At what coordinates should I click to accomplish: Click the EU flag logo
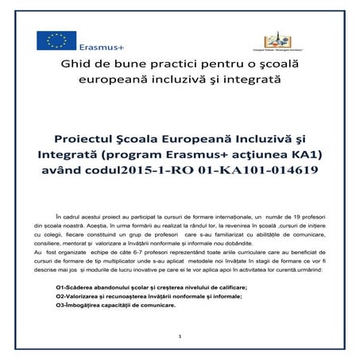56,41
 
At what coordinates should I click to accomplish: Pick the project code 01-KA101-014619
257,169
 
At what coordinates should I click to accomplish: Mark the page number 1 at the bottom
180,338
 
